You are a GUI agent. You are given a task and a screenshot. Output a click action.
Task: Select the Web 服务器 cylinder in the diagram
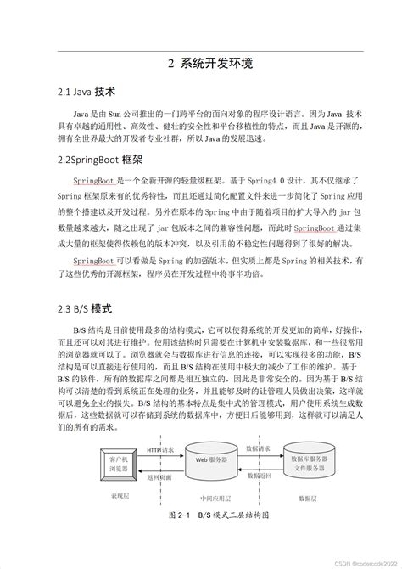pos(212,459)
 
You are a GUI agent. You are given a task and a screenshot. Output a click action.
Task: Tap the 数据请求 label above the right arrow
pos(259,448)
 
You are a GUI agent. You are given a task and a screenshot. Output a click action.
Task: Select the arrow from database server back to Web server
pos(259,470)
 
